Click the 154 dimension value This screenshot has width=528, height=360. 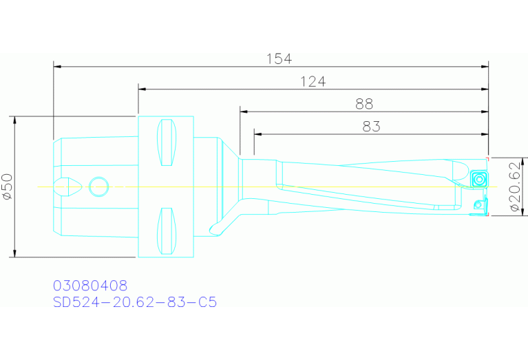pyautogui.click(x=279, y=59)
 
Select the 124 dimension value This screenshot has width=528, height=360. pyautogui.click(x=313, y=82)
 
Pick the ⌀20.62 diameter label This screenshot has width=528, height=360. pyautogui.click(x=514, y=186)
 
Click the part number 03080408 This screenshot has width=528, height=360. pyautogui.click(x=90, y=285)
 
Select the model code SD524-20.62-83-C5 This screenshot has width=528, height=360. pyautogui.click(x=135, y=302)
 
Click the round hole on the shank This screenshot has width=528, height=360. pyautogui.click(x=99, y=186)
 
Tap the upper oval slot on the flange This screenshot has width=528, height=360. pyautogui.click(x=166, y=142)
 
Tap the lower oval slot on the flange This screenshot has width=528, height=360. pyautogui.click(x=166, y=230)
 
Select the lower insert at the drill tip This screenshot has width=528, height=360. pyautogui.click(x=479, y=207)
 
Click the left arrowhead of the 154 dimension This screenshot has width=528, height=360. pyautogui.click(x=57, y=67)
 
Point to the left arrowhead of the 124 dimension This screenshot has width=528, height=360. pyautogui.click(x=142, y=89)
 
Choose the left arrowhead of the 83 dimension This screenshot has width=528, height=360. pyautogui.click(x=257, y=133)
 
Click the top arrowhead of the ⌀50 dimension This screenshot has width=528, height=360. pyautogui.click(x=14, y=120)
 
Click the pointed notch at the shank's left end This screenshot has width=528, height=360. pyautogui.click(x=70, y=187)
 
